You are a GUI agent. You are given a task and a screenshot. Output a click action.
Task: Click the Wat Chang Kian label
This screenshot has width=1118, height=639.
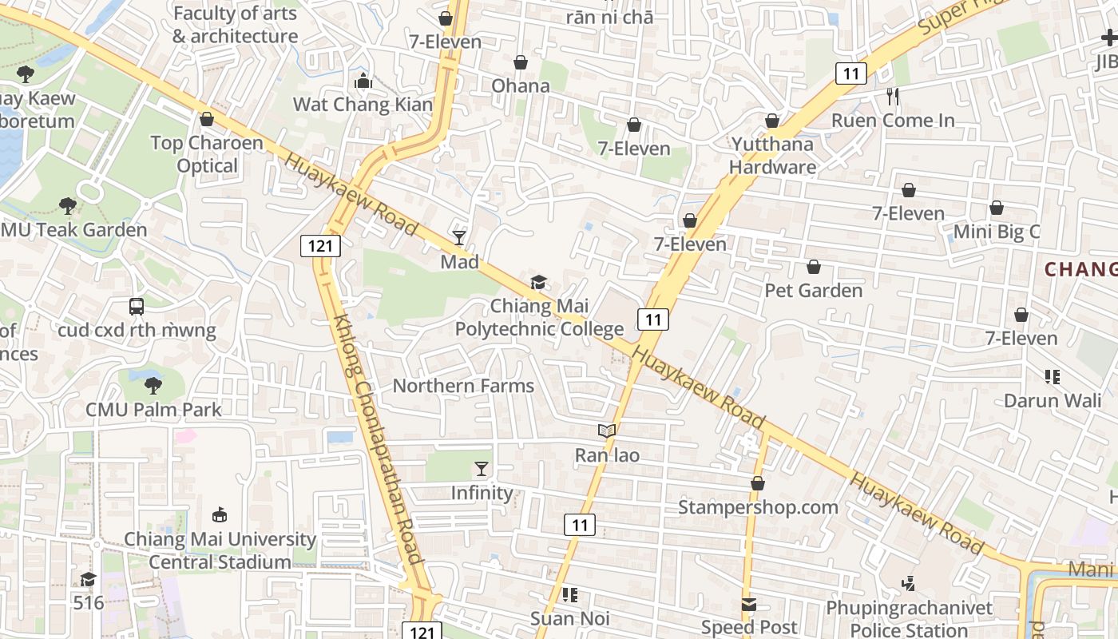363,105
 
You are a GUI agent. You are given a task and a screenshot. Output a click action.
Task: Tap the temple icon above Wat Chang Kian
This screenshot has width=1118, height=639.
363,81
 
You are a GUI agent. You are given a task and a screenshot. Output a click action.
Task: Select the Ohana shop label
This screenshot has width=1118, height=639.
521,85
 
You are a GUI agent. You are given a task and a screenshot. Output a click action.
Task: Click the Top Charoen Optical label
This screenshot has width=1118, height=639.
207,154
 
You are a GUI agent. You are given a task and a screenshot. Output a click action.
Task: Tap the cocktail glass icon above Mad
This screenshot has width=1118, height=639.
459,237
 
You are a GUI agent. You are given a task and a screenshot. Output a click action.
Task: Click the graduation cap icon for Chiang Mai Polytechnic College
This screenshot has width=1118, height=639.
539,282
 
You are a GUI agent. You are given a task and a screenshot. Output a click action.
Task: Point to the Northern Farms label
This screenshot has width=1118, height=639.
463,386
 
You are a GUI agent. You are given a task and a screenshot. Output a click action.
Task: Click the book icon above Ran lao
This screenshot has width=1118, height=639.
607,431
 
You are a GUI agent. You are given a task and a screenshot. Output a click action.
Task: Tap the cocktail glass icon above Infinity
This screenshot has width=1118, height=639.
482,469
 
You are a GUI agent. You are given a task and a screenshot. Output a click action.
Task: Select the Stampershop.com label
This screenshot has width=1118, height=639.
758,507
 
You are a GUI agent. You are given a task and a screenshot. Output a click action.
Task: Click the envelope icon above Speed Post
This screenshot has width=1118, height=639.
749,605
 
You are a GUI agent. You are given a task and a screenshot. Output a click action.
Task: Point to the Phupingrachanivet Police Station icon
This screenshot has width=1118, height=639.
908,584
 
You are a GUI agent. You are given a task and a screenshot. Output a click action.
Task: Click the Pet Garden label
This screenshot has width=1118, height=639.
814,290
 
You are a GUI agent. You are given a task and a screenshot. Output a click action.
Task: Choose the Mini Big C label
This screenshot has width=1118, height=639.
997,232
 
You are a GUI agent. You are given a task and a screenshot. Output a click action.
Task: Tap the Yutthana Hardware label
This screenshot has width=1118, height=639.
772,156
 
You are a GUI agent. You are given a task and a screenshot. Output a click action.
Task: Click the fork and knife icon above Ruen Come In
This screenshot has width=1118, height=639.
893,97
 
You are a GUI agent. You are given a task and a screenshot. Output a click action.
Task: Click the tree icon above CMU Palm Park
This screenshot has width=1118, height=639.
153,386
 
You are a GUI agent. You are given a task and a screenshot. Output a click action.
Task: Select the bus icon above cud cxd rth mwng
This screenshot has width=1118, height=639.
137,306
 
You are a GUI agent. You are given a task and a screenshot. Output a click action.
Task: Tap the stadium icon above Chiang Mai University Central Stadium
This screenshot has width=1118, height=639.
220,515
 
